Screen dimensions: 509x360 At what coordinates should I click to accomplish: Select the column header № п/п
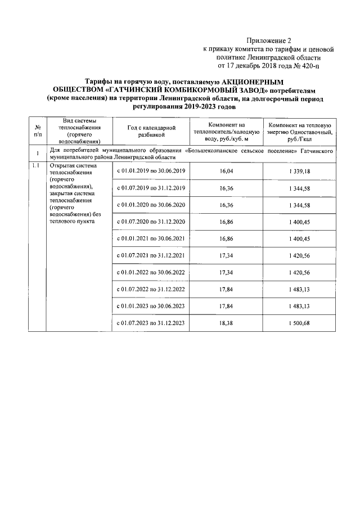click(37, 131)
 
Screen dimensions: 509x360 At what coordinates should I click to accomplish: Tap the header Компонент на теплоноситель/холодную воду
click(226, 131)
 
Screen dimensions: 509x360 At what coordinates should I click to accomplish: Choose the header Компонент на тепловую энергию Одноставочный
click(299, 131)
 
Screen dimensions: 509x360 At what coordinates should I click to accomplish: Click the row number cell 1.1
click(37, 165)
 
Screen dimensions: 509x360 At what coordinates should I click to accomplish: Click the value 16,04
click(226, 170)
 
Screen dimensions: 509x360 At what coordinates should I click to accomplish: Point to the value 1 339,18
click(299, 170)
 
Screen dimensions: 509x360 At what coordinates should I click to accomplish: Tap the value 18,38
click(226, 323)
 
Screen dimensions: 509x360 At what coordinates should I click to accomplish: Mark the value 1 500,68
click(299, 323)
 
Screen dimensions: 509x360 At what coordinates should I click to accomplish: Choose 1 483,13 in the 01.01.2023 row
click(299, 306)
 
